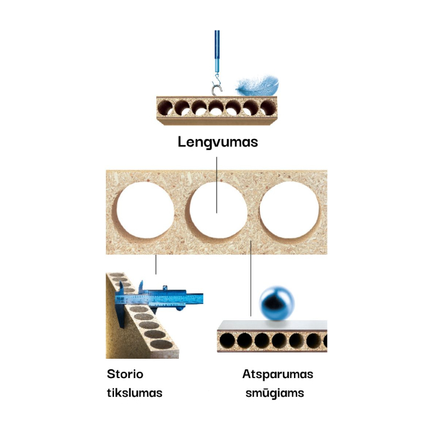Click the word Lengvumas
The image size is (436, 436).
(x=218, y=142)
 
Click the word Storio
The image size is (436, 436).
(x=125, y=374)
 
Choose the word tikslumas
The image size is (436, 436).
(x=135, y=393)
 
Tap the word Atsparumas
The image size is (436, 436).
(x=277, y=374)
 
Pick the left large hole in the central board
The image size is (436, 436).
(x=145, y=212)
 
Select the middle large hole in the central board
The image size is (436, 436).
(x=217, y=212)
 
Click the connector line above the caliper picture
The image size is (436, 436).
(x=156, y=264)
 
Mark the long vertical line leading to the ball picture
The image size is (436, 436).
(x=250, y=280)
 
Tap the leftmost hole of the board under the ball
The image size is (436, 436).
(x=228, y=341)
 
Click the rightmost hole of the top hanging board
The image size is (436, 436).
(x=267, y=107)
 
